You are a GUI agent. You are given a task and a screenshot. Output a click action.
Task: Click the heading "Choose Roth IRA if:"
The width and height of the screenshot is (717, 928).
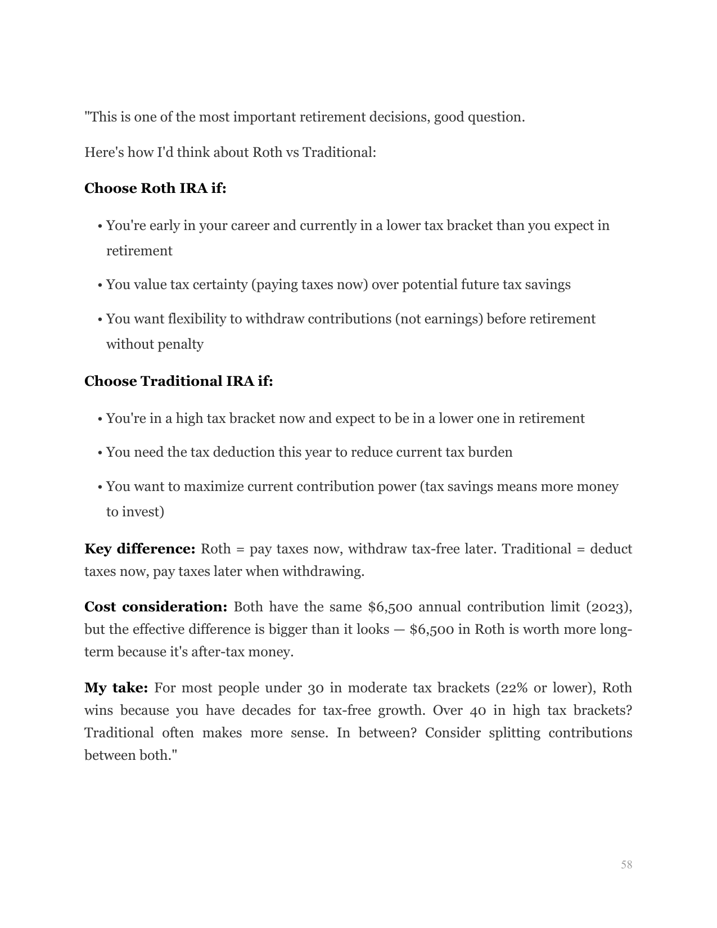pyautogui.click(x=155, y=188)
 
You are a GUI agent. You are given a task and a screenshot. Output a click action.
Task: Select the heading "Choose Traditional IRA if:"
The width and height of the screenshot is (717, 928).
pyautogui.click(x=178, y=381)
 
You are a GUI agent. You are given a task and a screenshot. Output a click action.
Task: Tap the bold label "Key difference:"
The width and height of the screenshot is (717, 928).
pyautogui.click(x=139, y=549)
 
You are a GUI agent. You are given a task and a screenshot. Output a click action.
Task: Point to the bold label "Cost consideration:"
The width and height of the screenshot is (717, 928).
pyautogui.click(x=156, y=607)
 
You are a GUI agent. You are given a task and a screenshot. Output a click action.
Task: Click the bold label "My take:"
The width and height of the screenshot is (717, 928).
pyautogui.click(x=116, y=688)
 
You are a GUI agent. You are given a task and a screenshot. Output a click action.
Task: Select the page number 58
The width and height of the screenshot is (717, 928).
pyautogui.click(x=626, y=865)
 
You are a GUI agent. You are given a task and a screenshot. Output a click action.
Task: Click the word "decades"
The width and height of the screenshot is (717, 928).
pyautogui.click(x=266, y=711)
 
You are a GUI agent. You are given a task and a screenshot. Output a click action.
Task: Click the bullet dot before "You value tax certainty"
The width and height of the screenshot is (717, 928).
pyautogui.click(x=100, y=286)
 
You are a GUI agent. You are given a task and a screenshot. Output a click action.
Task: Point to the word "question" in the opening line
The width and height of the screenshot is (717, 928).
pyautogui.click(x=494, y=118)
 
